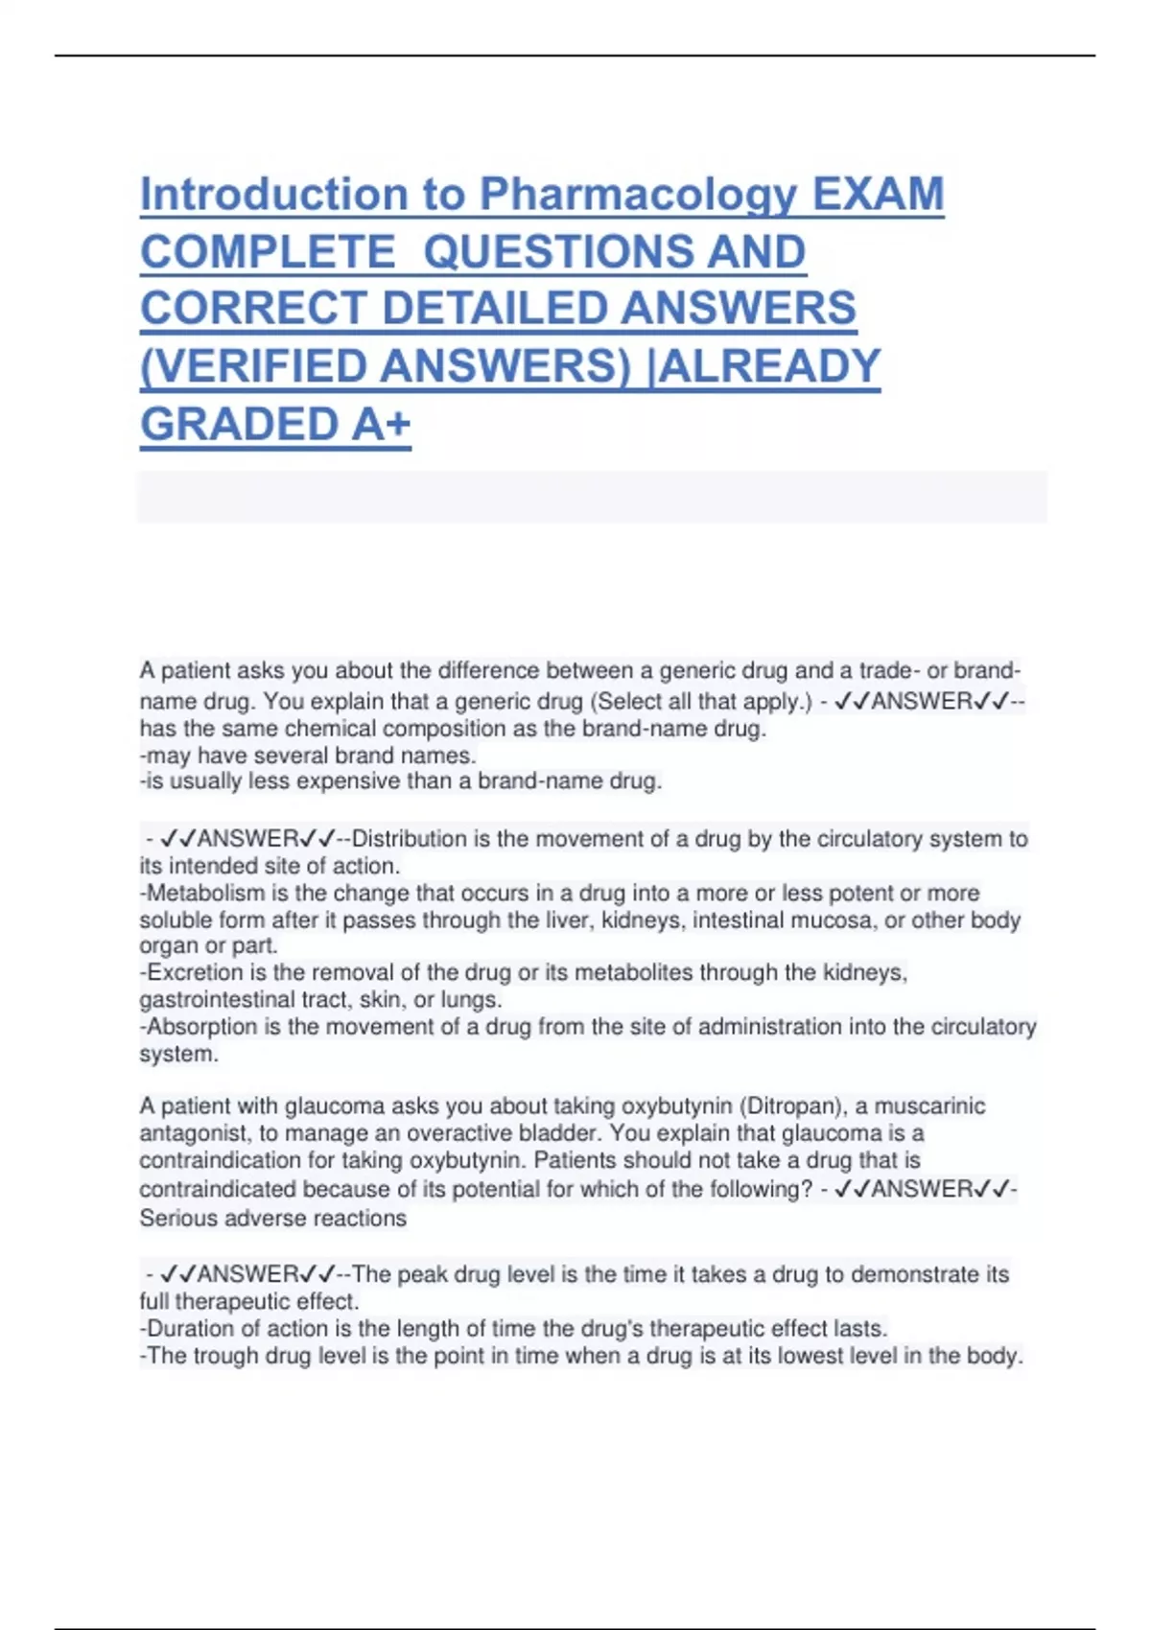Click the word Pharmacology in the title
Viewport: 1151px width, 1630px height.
click(638, 196)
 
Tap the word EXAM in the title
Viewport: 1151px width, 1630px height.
click(878, 196)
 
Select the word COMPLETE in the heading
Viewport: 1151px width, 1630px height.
click(268, 252)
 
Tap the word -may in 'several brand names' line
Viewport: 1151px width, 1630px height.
click(165, 756)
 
